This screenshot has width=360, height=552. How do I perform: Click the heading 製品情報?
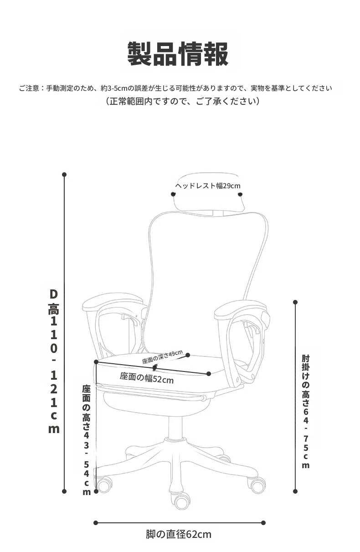tap(178, 54)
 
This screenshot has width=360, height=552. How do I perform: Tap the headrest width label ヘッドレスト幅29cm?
tap(207, 186)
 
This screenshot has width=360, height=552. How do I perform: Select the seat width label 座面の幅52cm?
tap(147, 378)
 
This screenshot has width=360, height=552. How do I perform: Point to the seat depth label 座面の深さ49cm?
tap(162, 356)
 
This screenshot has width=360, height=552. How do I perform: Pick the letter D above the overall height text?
tap(53, 294)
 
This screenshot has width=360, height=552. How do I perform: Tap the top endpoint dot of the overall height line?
tap(64, 175)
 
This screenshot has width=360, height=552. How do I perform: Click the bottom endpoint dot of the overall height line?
tap(64, 491)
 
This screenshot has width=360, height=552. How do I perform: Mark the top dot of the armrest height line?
tap(295, 302)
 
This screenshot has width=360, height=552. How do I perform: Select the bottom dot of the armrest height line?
tap(295, 491)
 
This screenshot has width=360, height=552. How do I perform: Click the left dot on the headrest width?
tap(173, 194)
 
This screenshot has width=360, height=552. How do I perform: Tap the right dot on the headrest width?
tap(240, 195)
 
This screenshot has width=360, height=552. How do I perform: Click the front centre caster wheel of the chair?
tap(182, 501)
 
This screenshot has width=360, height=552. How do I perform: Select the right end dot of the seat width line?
tap(209, 374)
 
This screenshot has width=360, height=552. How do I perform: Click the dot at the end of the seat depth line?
tap(188, 355)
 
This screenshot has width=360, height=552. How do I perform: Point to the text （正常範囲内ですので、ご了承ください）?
tap(183, 101)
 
